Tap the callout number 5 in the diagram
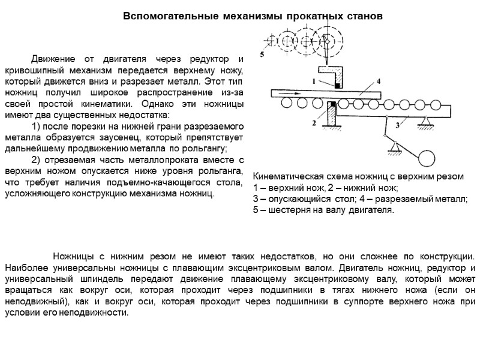click(x=262, y=55)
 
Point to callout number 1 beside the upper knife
click(x=314, y=80)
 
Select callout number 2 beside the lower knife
click(x=314, y=122)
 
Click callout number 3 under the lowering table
click(x=397, y=125)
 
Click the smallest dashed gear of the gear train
click(x=268, y=41)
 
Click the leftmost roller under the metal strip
click(x=286, y=104)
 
